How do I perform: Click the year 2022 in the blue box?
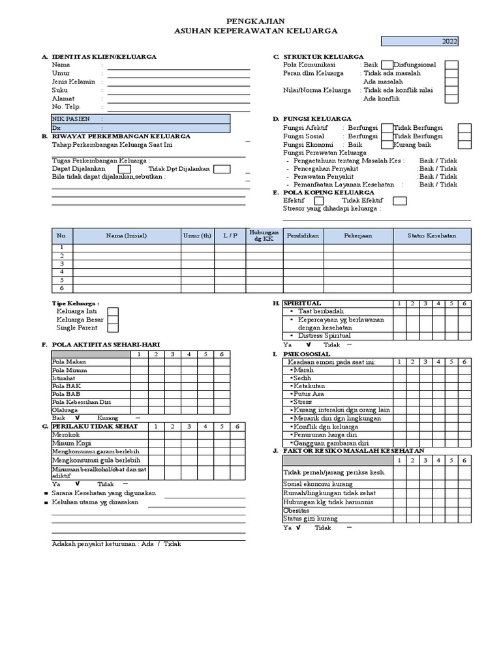[449, 42]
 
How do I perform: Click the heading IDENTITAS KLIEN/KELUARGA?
[104, 57]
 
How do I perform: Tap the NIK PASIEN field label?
[71, 119]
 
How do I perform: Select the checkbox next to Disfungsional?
[451, 65]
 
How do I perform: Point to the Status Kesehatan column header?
[432, 235]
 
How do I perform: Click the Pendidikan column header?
[302, 235]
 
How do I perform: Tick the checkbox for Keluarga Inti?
[113, 312]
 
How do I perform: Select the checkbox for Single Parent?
[113, 328]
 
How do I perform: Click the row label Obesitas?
[296, 510]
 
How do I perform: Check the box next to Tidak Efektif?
[400, 201]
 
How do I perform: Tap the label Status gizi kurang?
[311, 519]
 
